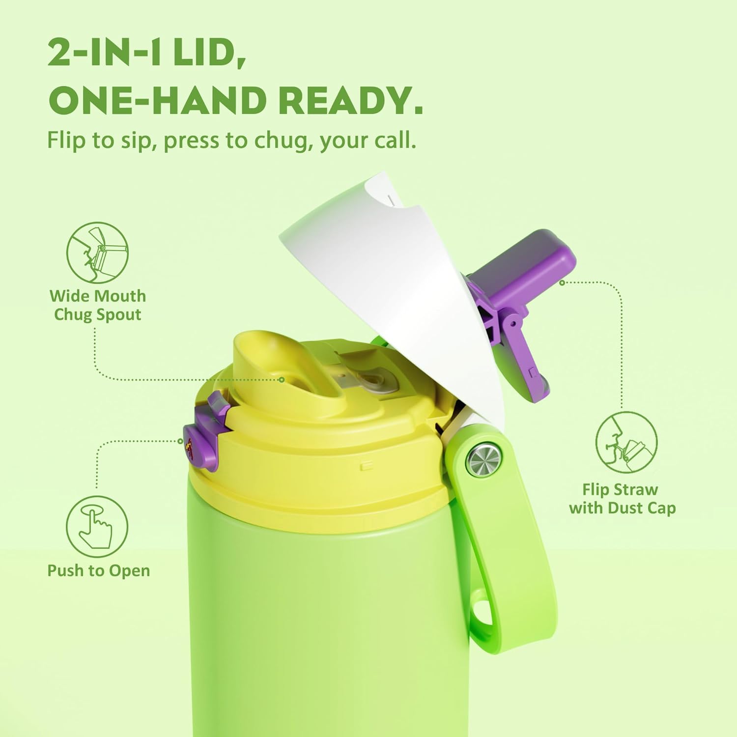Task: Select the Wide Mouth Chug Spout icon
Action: point(97,253)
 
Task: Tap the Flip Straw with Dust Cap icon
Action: point(626,443)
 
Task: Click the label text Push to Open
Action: point(99,571)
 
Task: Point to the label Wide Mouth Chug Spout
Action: point(98,305)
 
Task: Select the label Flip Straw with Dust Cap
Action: point(622,498)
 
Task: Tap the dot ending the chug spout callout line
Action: point(282,380)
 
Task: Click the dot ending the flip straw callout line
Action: point(562,283)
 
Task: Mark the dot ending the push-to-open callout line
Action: point(181,441)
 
